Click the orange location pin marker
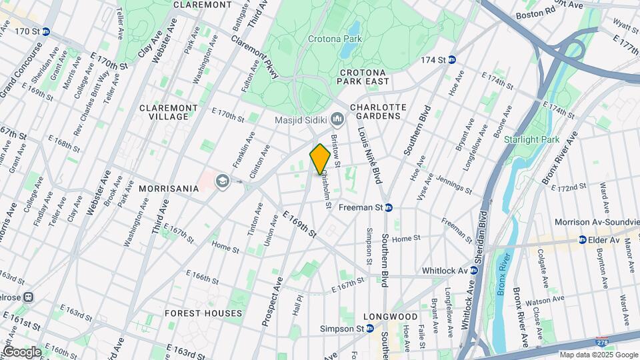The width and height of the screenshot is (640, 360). coord(319,159)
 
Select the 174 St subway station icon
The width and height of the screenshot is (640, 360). coord(451,60)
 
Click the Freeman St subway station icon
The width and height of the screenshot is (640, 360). coord(389,207)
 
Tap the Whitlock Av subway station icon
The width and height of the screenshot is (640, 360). coord(473,271)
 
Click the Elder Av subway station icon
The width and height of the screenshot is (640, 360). coord(582,240)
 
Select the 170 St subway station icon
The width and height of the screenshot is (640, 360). coord(45,31)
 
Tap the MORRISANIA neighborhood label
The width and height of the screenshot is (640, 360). coord(169,189)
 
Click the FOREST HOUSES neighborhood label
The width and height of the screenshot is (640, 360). coord(203,313)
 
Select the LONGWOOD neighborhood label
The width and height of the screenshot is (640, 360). coord(390,317)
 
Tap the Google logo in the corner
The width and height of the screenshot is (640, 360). coord(21,351)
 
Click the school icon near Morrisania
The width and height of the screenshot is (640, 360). coord(221,181)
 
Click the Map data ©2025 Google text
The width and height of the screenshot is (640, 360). coord(598,355)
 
